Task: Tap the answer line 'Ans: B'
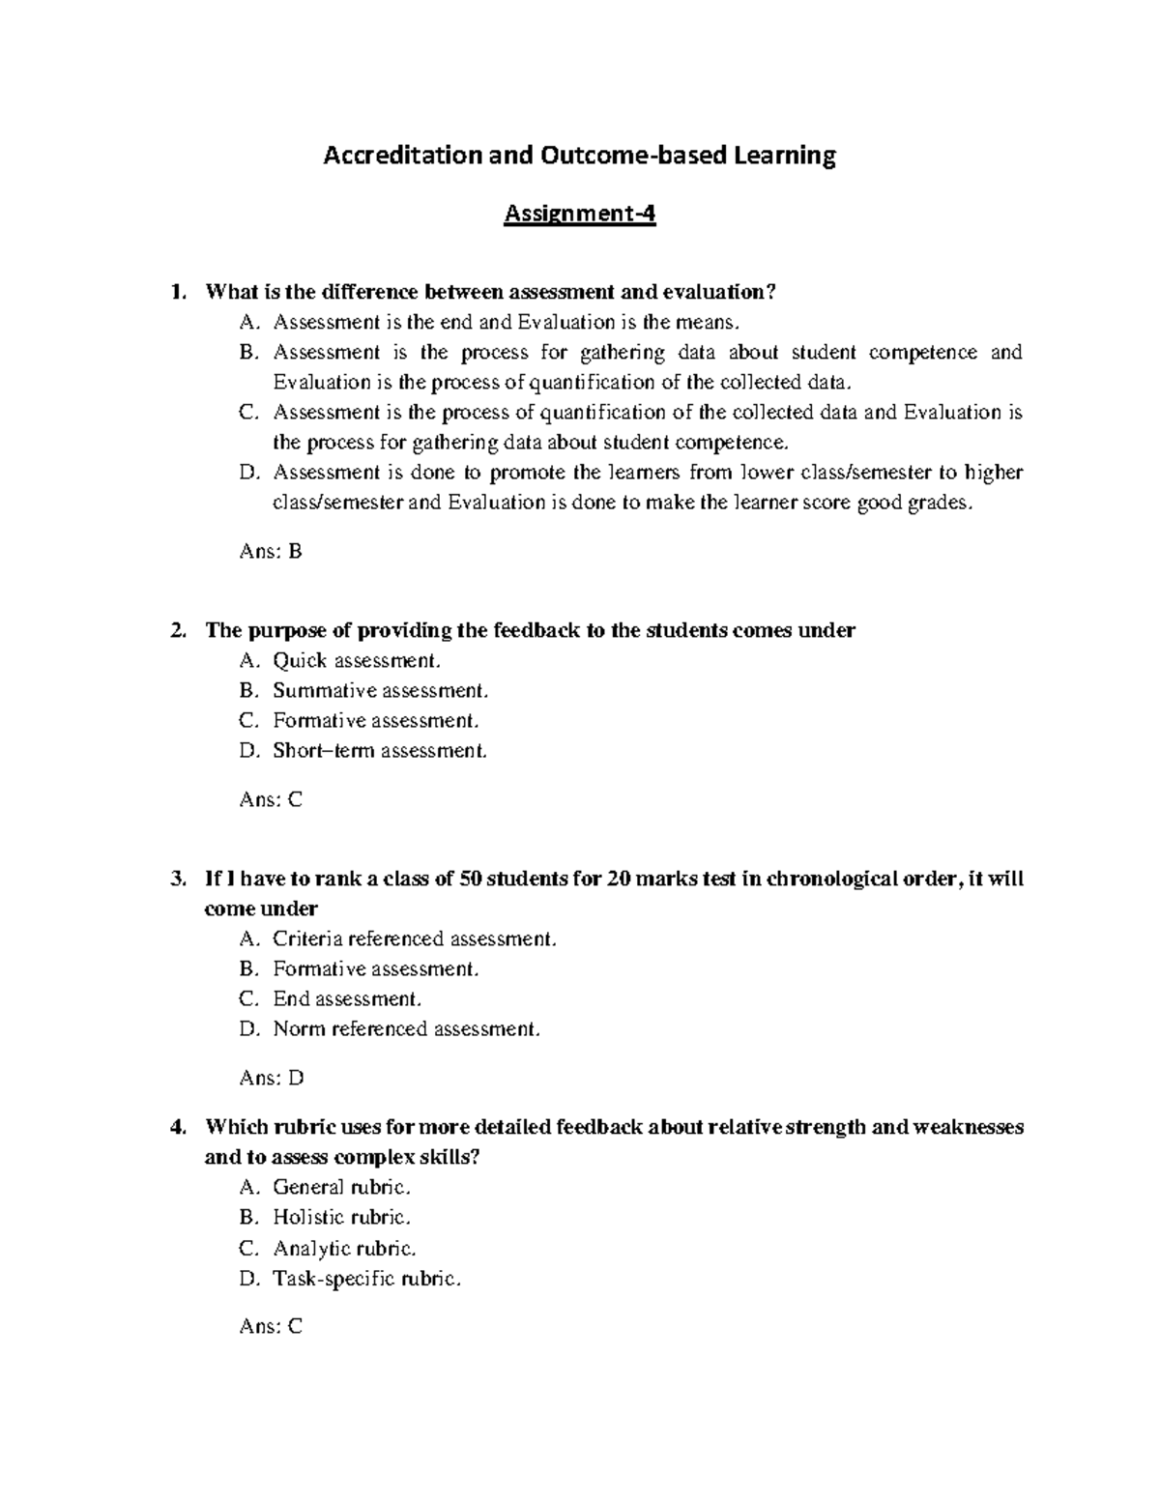pos(271,552)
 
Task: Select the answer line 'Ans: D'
pos(271,1078)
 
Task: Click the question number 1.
pos(175,292)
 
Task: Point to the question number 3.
pos(175,880)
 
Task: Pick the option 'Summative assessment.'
pos(381,691)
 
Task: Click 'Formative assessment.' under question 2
pos(376,721)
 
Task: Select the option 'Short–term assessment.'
pos(380,751)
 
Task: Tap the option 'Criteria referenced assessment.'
pos(415,938)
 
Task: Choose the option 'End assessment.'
pos(347,998)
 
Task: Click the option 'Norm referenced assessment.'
pos(407,1029)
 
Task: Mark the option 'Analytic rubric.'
pos(345,1248)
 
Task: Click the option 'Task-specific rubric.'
pos(367,1279)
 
